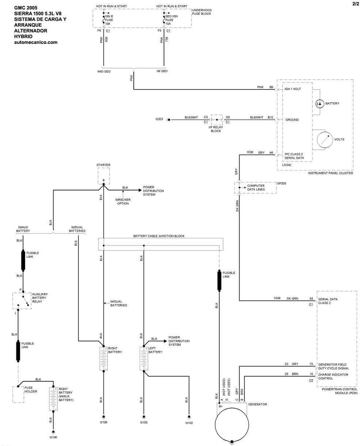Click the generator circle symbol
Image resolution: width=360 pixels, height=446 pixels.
click(x=231, y=424)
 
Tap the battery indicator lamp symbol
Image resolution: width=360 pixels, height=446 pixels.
click(x=319, y=104)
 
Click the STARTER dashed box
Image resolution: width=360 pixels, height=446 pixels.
click(x=103, y=176)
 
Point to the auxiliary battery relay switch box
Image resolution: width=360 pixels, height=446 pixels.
click(x=22, y=301)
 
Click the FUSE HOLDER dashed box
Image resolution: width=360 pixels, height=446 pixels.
click(x=18, y=394)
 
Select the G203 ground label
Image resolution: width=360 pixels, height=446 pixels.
click(x=159, y=119)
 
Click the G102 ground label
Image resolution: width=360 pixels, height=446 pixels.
click(x=189, y=423)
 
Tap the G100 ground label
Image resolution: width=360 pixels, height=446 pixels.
click(x=144, y=423)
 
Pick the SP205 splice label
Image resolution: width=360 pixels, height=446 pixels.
click(x=282, y=184)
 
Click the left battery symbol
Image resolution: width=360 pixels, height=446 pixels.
click(x=143, y=359)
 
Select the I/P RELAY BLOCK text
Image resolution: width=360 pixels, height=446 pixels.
click(x=216, y=129)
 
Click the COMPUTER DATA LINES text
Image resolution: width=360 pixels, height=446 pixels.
click(x=256, y=188)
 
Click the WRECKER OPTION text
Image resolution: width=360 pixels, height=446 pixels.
click(x=123, y=201)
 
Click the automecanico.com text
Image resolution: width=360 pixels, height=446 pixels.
click(x=35, y=42)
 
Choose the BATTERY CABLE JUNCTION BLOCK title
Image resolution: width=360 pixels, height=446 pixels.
click(x=159, y=236)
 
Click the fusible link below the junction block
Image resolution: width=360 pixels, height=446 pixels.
click(x=219, y=281)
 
